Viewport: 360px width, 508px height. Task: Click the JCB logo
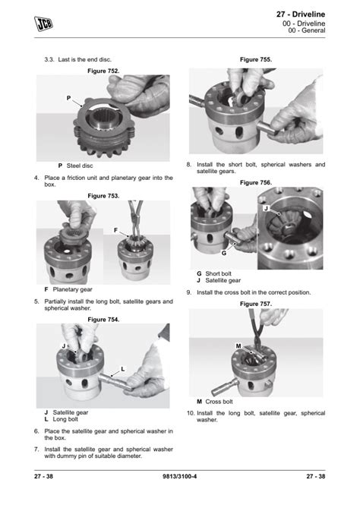pos(43,24)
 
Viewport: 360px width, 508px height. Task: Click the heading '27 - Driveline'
pos(300,14)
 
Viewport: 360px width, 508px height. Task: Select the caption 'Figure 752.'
pos(103,71)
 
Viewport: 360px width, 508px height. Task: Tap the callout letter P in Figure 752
pos(68,98)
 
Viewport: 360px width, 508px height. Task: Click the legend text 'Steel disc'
pos(80,166)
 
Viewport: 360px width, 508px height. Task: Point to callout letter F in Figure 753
pos(115,230)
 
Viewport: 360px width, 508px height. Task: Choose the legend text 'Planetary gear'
pos(73,289)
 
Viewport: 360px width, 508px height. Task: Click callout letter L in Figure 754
pos(123,369)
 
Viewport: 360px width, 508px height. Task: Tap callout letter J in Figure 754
pos(64,346)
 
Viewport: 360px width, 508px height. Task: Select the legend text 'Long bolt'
pos(65,419)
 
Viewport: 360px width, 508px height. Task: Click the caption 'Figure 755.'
pos(256,60)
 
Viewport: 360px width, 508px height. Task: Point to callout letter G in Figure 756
pos(224,253)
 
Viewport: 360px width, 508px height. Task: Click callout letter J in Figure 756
pos(267,208)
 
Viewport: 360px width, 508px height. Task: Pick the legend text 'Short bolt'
pos(219,273)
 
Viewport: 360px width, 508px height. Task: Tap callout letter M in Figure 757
pos(238,346)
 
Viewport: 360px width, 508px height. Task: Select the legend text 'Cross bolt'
pos(219,402)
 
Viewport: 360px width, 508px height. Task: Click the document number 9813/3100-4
pos(179,476)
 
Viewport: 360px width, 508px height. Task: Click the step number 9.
pos(189,292)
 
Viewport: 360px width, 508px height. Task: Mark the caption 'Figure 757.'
pos(256,304)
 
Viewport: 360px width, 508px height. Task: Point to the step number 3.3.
pos(49,60)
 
